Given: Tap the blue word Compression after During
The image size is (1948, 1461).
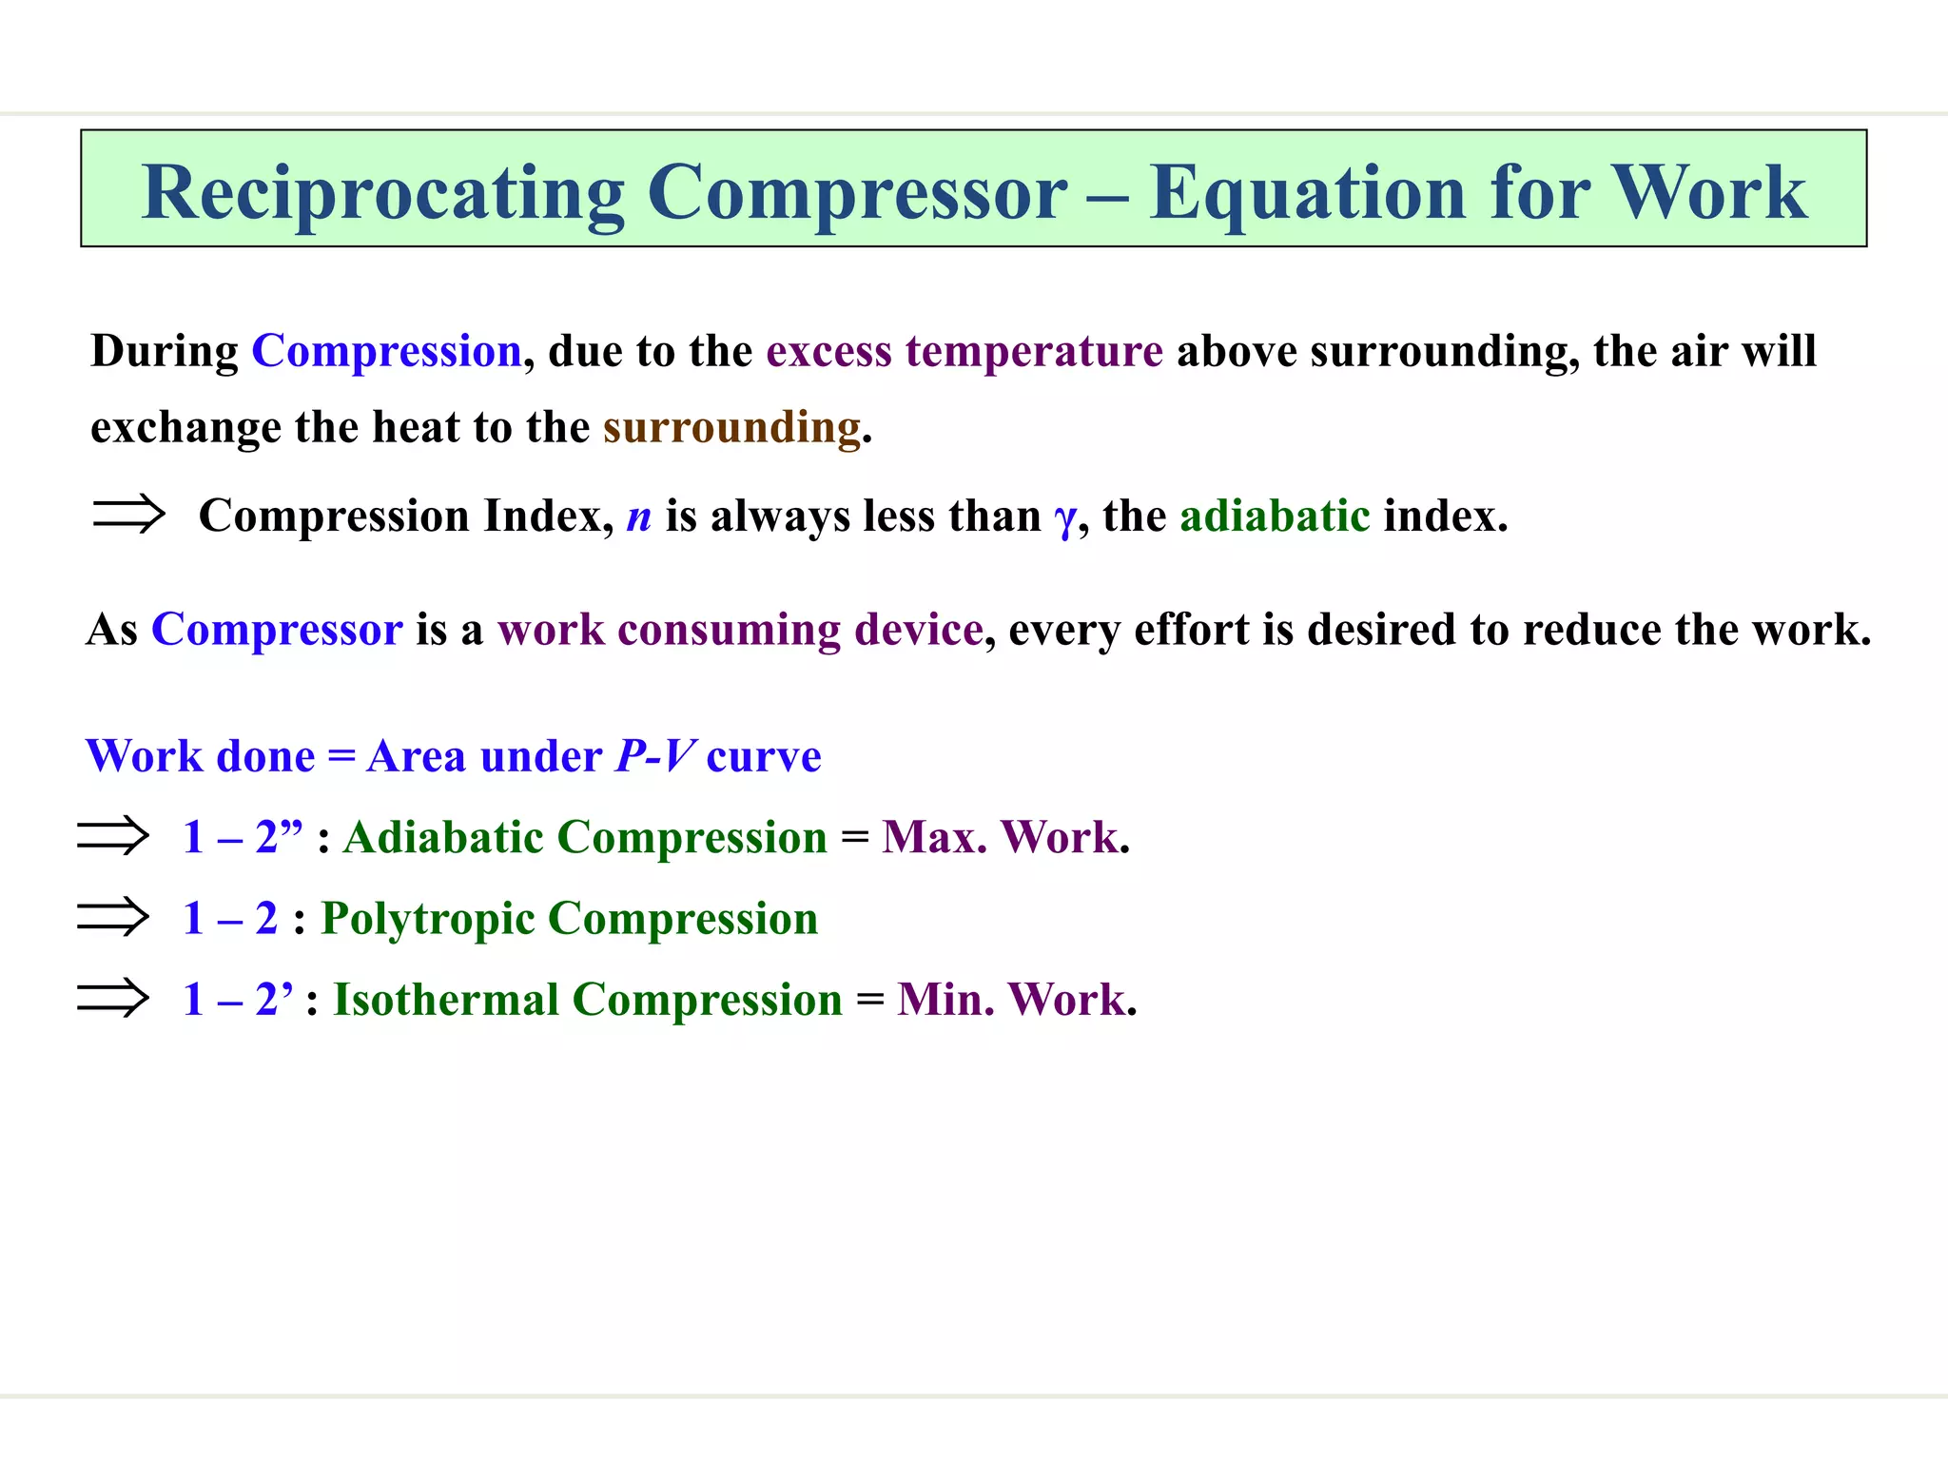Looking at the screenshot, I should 386,351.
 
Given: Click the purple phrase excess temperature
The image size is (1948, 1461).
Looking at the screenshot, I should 964,351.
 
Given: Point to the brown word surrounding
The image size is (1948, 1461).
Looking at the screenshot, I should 731,427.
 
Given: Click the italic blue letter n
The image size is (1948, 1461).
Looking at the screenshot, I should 638,516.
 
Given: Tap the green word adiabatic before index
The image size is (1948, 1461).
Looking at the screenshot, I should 1275,516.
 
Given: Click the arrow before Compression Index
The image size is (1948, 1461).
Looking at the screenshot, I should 128,514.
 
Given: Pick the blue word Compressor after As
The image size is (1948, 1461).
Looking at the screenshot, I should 277,630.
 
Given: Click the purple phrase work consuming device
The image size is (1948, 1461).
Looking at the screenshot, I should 740,630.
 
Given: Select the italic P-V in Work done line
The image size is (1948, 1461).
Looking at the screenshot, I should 655,756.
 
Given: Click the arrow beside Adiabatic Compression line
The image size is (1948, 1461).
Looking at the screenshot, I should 113,836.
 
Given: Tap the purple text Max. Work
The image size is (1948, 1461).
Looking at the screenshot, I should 1000,837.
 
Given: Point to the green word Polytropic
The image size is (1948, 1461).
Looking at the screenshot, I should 428,919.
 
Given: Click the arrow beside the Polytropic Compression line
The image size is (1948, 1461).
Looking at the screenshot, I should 113,917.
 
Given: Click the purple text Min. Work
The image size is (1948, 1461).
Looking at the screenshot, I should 1011,1000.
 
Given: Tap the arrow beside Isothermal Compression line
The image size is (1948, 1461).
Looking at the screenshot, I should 113,999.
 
